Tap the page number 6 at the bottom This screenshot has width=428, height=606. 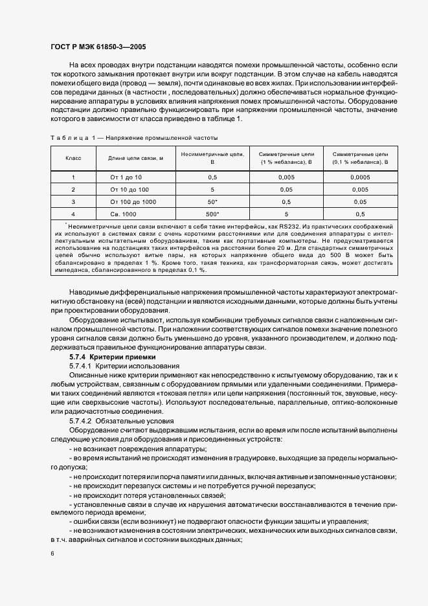[x=52, y=553]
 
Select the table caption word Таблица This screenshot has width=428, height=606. [x=67, y=138]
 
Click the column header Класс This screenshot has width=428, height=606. [x=73, y=158]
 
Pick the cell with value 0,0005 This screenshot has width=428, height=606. [x=360, y=177]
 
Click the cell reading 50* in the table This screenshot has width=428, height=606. [x=212, y=201]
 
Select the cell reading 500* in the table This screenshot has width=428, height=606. [x=212, y=214]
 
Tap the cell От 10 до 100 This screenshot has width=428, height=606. [x=130, y=189]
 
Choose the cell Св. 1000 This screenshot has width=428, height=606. [x=123, y=214]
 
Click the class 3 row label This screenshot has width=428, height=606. [x=73, y=201]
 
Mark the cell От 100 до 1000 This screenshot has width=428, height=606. [x=133, y=201]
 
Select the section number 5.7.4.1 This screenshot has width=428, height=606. [x=82, y=366]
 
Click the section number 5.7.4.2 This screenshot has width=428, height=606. [x=82, y=421]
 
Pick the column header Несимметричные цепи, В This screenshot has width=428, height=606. [x=212, y=158]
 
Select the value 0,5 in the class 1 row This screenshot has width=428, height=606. [x=212, y=177]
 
